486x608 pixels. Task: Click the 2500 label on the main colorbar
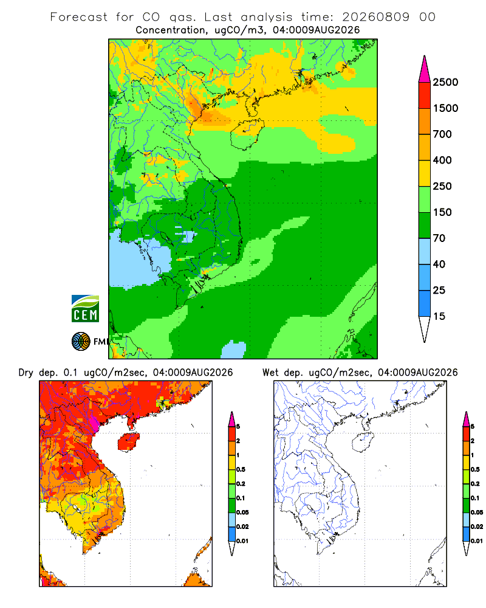[x=445, y=82]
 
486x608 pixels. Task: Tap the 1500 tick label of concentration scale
[x=445, y=108]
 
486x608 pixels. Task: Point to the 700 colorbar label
[x=442, y=134]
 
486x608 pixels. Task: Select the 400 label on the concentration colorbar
[x=442, y=160]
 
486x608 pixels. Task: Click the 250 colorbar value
[x=442, y=186]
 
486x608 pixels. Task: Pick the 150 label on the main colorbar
[x=442, y=212]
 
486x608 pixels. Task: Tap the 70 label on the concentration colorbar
[x=439, y=238]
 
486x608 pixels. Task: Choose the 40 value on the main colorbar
[x=439, y=264]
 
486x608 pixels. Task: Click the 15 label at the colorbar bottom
[x=439, y=316]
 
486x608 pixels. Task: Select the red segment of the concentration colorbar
[x=425, y=95]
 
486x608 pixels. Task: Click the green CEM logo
[x=85, y=309]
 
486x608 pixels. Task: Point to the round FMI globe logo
[x=81, y=342]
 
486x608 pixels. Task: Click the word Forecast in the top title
[x=79, y=17]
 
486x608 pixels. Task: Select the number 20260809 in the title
[x=375, y=17]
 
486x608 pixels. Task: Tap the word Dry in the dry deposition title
[x=26, y=373]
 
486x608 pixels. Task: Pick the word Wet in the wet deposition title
[x=270, y=373]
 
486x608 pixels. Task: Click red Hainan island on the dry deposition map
[x=128, y=441]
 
